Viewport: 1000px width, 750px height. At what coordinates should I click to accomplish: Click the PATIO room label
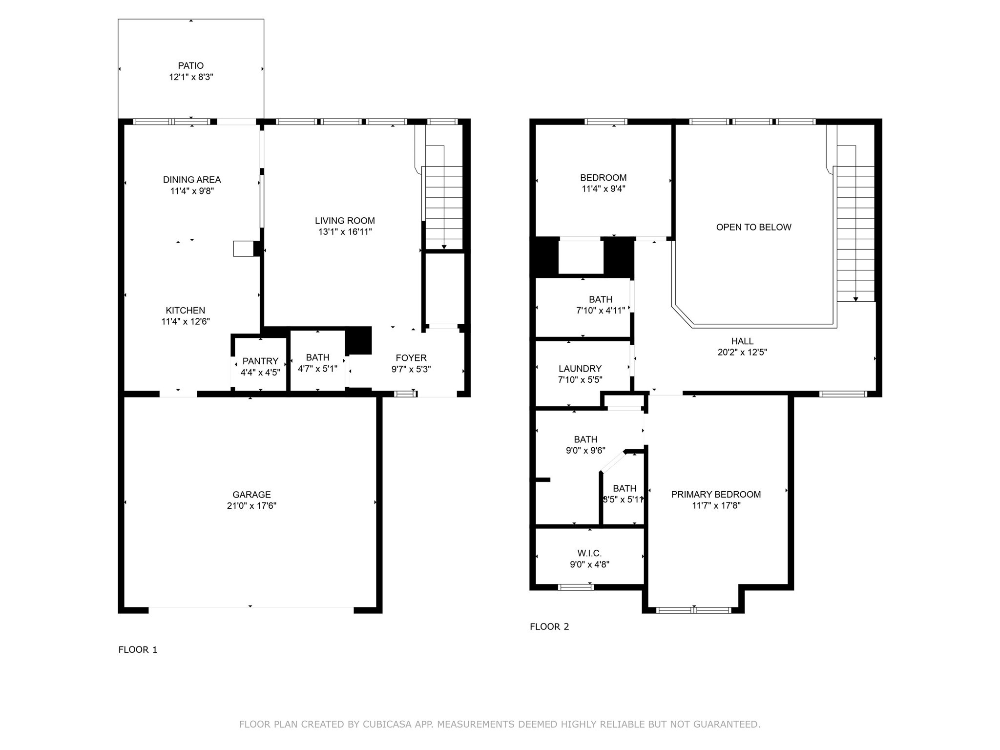point(190,65)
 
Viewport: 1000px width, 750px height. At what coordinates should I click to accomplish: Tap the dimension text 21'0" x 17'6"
point(251,506)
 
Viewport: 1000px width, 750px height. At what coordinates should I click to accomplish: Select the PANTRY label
point(260,361)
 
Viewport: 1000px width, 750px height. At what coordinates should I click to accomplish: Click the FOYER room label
point(411,358)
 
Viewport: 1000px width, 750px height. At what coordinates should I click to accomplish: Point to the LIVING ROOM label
point(345,221)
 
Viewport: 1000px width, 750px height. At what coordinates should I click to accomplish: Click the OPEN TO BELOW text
point(753,227)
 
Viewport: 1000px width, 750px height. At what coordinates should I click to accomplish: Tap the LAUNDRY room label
point(580,369)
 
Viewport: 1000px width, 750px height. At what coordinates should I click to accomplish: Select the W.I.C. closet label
point(589,553)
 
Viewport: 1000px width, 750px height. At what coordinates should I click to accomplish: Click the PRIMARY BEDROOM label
point(716,494)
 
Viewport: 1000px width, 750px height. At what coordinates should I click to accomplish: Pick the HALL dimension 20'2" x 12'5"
point(742,353)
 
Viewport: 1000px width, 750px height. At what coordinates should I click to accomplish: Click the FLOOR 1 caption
point(138,649)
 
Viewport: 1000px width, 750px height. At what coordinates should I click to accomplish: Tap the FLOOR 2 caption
point(549,626)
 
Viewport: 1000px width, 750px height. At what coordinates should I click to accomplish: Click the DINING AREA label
point(192,180)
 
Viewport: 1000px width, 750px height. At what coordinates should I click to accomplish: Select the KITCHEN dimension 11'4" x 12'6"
point(186,322)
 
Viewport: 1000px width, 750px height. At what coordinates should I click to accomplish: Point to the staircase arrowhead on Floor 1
point(444,247)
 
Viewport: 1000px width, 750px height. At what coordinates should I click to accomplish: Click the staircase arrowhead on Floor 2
point(855,299)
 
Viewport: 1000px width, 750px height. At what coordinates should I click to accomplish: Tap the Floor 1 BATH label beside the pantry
point(317,357)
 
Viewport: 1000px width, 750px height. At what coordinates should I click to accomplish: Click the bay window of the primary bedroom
point(693,610)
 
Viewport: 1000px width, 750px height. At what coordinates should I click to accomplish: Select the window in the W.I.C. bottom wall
point(576,587)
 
